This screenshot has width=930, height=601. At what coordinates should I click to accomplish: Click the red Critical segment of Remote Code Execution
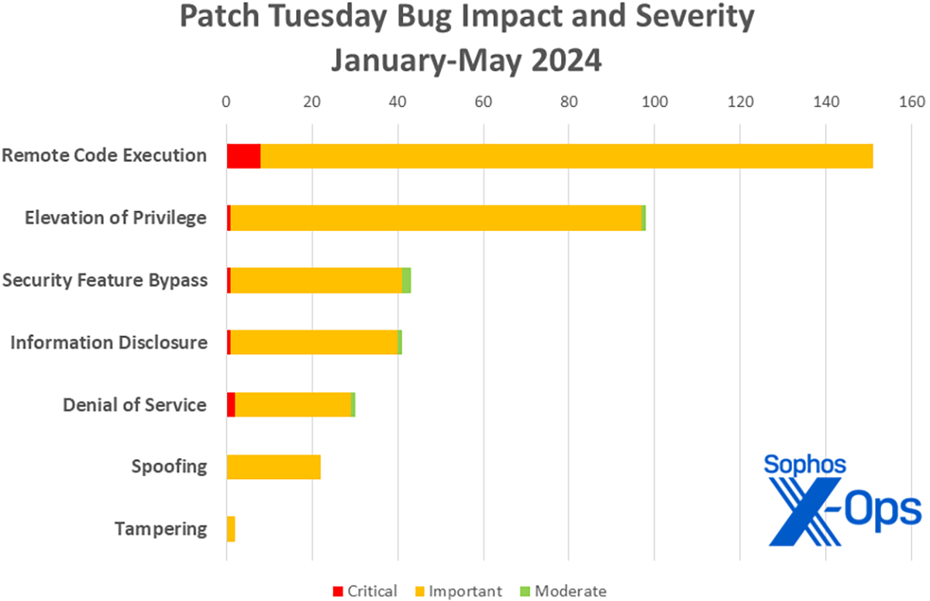[243, 156]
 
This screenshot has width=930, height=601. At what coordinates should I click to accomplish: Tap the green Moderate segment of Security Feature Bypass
[406, 280]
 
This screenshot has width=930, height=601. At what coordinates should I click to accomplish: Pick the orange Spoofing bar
[274, 467]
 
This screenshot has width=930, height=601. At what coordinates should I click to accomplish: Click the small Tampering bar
[230, 530]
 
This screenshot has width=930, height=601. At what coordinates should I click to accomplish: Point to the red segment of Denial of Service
[231, 405]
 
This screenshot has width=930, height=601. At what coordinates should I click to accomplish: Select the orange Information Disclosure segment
[314, 343]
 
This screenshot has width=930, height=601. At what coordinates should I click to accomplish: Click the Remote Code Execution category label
[104, 155]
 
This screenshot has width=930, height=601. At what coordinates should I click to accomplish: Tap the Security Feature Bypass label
[105, 280]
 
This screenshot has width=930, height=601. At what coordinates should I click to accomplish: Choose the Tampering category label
[160, 530]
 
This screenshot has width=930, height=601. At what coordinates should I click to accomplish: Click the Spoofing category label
[169, 467]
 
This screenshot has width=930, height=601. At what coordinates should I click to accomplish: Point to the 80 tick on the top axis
[569, 102]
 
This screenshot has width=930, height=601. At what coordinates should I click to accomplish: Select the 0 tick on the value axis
[226, 102]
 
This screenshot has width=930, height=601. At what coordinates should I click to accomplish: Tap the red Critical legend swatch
[337, 591]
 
